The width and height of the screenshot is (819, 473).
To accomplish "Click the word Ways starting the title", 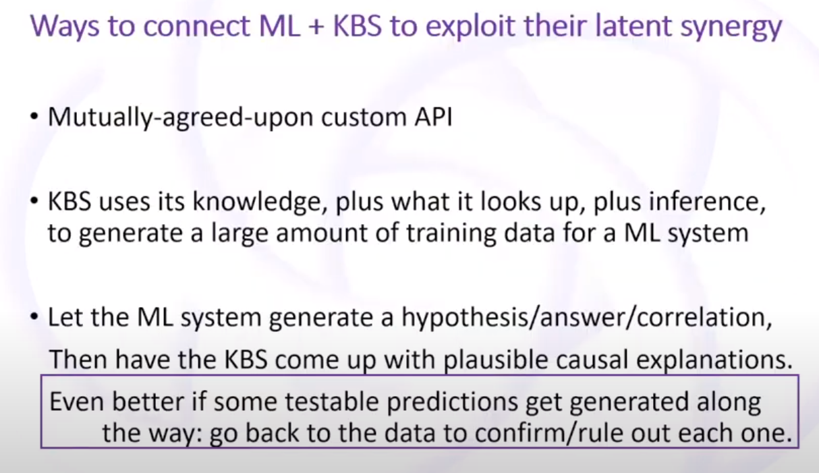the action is tap(65, 26).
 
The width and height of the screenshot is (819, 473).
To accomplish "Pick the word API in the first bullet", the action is tap(433, 117).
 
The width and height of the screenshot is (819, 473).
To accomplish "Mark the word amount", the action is tap(322, 233).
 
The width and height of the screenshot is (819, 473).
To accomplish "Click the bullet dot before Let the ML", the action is tap(34, 317).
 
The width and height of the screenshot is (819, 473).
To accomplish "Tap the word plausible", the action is tap(496, 360).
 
